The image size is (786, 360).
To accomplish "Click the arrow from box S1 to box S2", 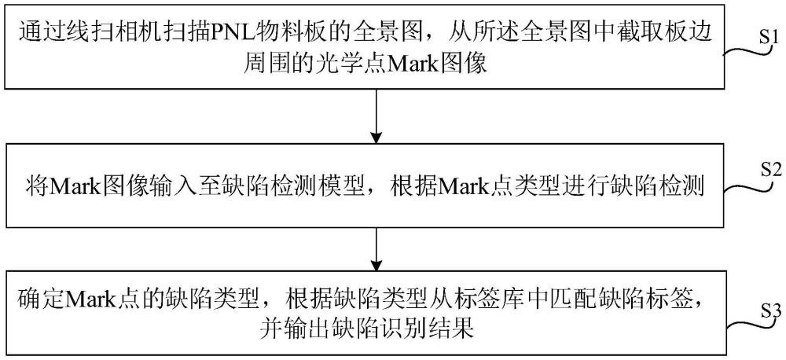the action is [x=376, y=117].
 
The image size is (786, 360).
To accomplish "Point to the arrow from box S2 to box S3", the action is [x=376, y=248].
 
